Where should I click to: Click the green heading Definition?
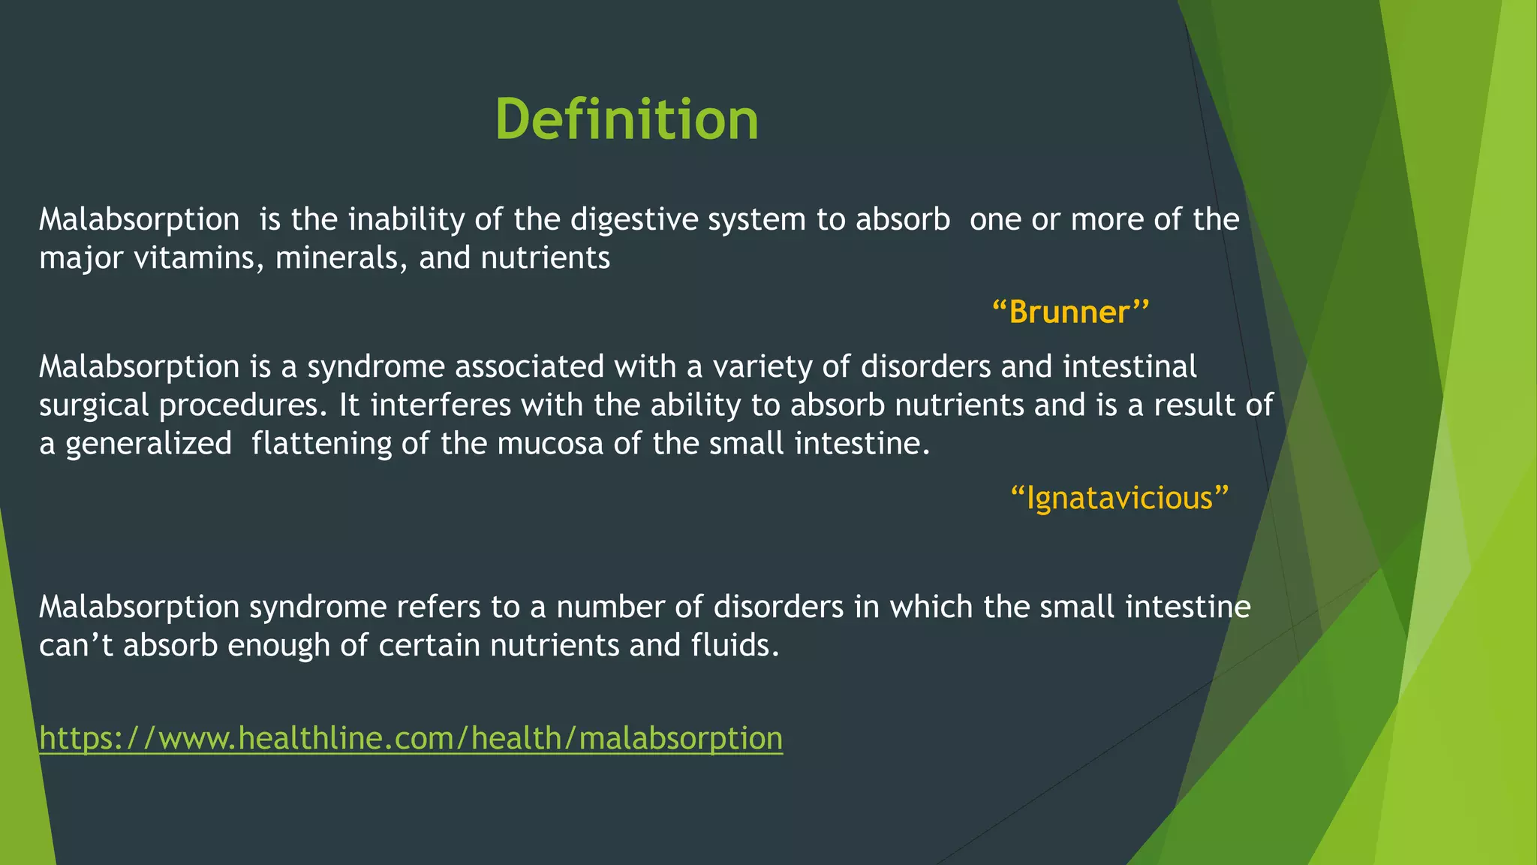tap(627, 120)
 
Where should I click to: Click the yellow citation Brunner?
tap(1070, 312)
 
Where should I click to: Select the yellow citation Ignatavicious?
tap(1119, 498)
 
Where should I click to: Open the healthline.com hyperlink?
tap(411, 738)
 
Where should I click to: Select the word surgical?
tap(94, 406)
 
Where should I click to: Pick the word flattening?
tap(321, 444)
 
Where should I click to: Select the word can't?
tap(76, 645)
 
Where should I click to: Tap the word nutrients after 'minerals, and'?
tap(545, 258)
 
